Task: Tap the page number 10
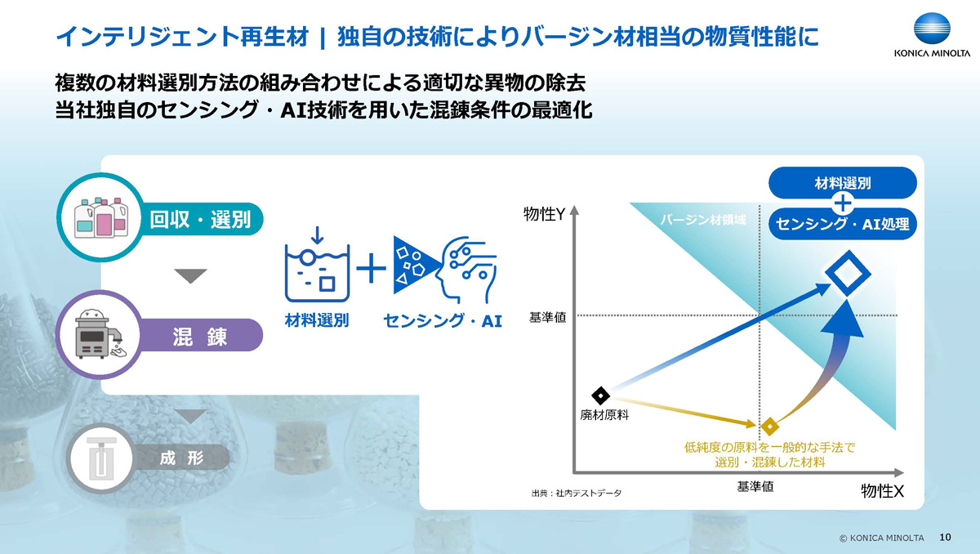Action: [x=946, y=537]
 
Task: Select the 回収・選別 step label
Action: [x=200, y=219]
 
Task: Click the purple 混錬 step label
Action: [x=199, y=336]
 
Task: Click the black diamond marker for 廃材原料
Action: [x=600, y=395]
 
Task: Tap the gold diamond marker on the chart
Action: [x=768, y=426]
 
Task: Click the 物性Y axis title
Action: [x=545, y=215]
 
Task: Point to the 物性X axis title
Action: [x=881, y=491]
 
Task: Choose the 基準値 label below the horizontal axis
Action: [x=755, y=486]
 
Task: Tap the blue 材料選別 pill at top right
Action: [x=843, y=182]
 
